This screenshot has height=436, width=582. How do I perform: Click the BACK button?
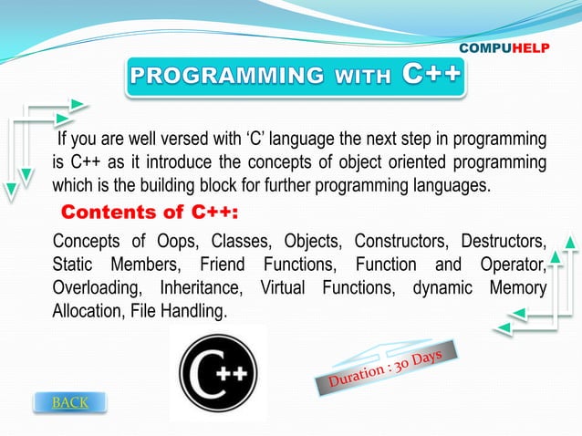69,401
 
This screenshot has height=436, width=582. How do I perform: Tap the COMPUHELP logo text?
504,47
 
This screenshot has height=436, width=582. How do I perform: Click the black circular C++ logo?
217,373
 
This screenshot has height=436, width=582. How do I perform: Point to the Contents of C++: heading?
149,213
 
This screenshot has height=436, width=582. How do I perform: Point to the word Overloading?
96,288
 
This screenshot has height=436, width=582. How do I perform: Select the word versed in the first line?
189,140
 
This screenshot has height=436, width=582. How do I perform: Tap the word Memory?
518,288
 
